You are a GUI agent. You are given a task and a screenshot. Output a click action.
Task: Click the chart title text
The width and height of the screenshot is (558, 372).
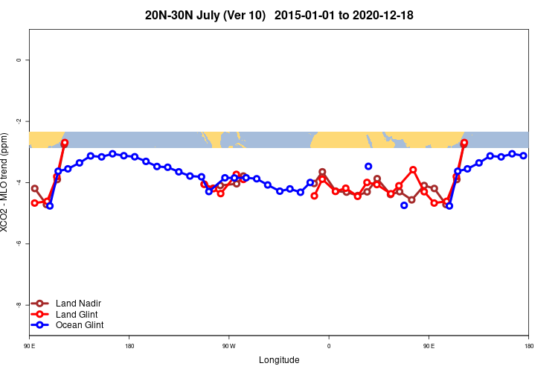(279, 15)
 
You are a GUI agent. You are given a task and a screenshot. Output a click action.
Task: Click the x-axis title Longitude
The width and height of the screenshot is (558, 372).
(279, 360)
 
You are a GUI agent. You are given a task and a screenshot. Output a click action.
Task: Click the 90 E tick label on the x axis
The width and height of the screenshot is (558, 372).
(30, 346)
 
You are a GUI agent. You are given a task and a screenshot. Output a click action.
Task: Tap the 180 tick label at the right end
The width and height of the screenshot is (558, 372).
(528, 346)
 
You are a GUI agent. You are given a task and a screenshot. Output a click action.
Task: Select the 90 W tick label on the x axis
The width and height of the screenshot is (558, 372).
(228, 346)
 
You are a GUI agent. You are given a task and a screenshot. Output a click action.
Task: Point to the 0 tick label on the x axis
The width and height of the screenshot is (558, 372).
(329, 346)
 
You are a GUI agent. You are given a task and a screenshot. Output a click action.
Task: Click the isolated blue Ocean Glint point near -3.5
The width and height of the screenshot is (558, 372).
(368, 167)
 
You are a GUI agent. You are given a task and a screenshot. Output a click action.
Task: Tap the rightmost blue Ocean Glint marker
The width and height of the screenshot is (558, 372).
(524, 155)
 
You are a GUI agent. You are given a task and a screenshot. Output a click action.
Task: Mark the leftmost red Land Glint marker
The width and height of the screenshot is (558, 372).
(34, 202)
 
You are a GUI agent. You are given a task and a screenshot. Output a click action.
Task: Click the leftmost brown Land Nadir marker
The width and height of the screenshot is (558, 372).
(35, 188)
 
